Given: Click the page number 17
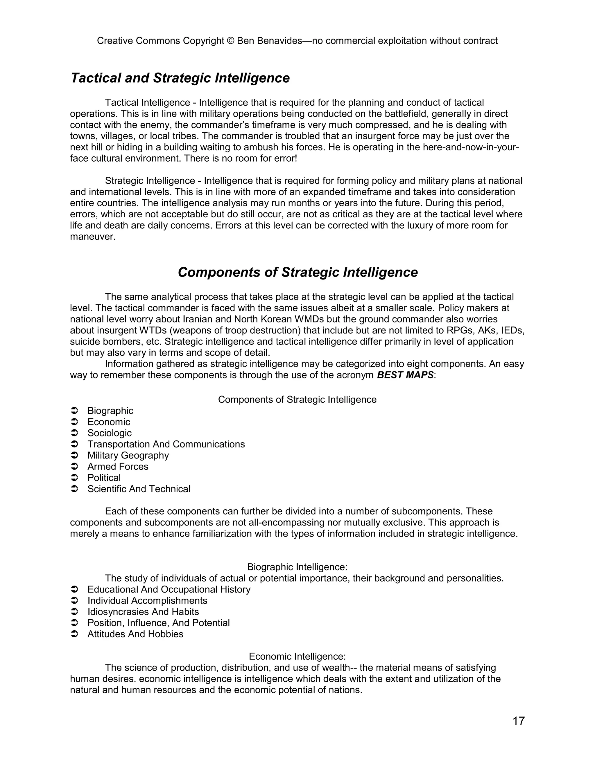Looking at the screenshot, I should pos(519,721).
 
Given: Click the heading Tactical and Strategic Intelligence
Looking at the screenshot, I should pos(180,78).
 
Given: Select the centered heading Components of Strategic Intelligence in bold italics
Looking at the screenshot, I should pos(297,272).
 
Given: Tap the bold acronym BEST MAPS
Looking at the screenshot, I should pos(405,375).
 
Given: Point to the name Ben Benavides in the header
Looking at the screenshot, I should pos(269,41).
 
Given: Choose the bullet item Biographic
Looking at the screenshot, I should pos(110,411).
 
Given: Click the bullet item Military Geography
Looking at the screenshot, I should pos(128,456).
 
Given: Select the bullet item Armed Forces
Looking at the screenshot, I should pos(118,467).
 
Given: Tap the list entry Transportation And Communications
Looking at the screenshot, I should pos(166,444).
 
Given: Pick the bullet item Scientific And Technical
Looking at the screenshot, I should pos(139,489).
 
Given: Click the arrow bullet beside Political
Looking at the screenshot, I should pos(74,478).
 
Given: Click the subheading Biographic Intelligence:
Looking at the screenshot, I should pos(297,567).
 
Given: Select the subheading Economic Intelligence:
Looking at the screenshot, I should pos(297,657).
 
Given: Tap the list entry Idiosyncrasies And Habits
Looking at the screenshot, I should pos(143,612).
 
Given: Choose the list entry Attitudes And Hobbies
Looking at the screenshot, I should pos(135,634).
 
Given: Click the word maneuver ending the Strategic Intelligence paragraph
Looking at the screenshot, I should pos(93,237).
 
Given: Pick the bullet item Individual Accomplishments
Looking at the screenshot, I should pos(147,601).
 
